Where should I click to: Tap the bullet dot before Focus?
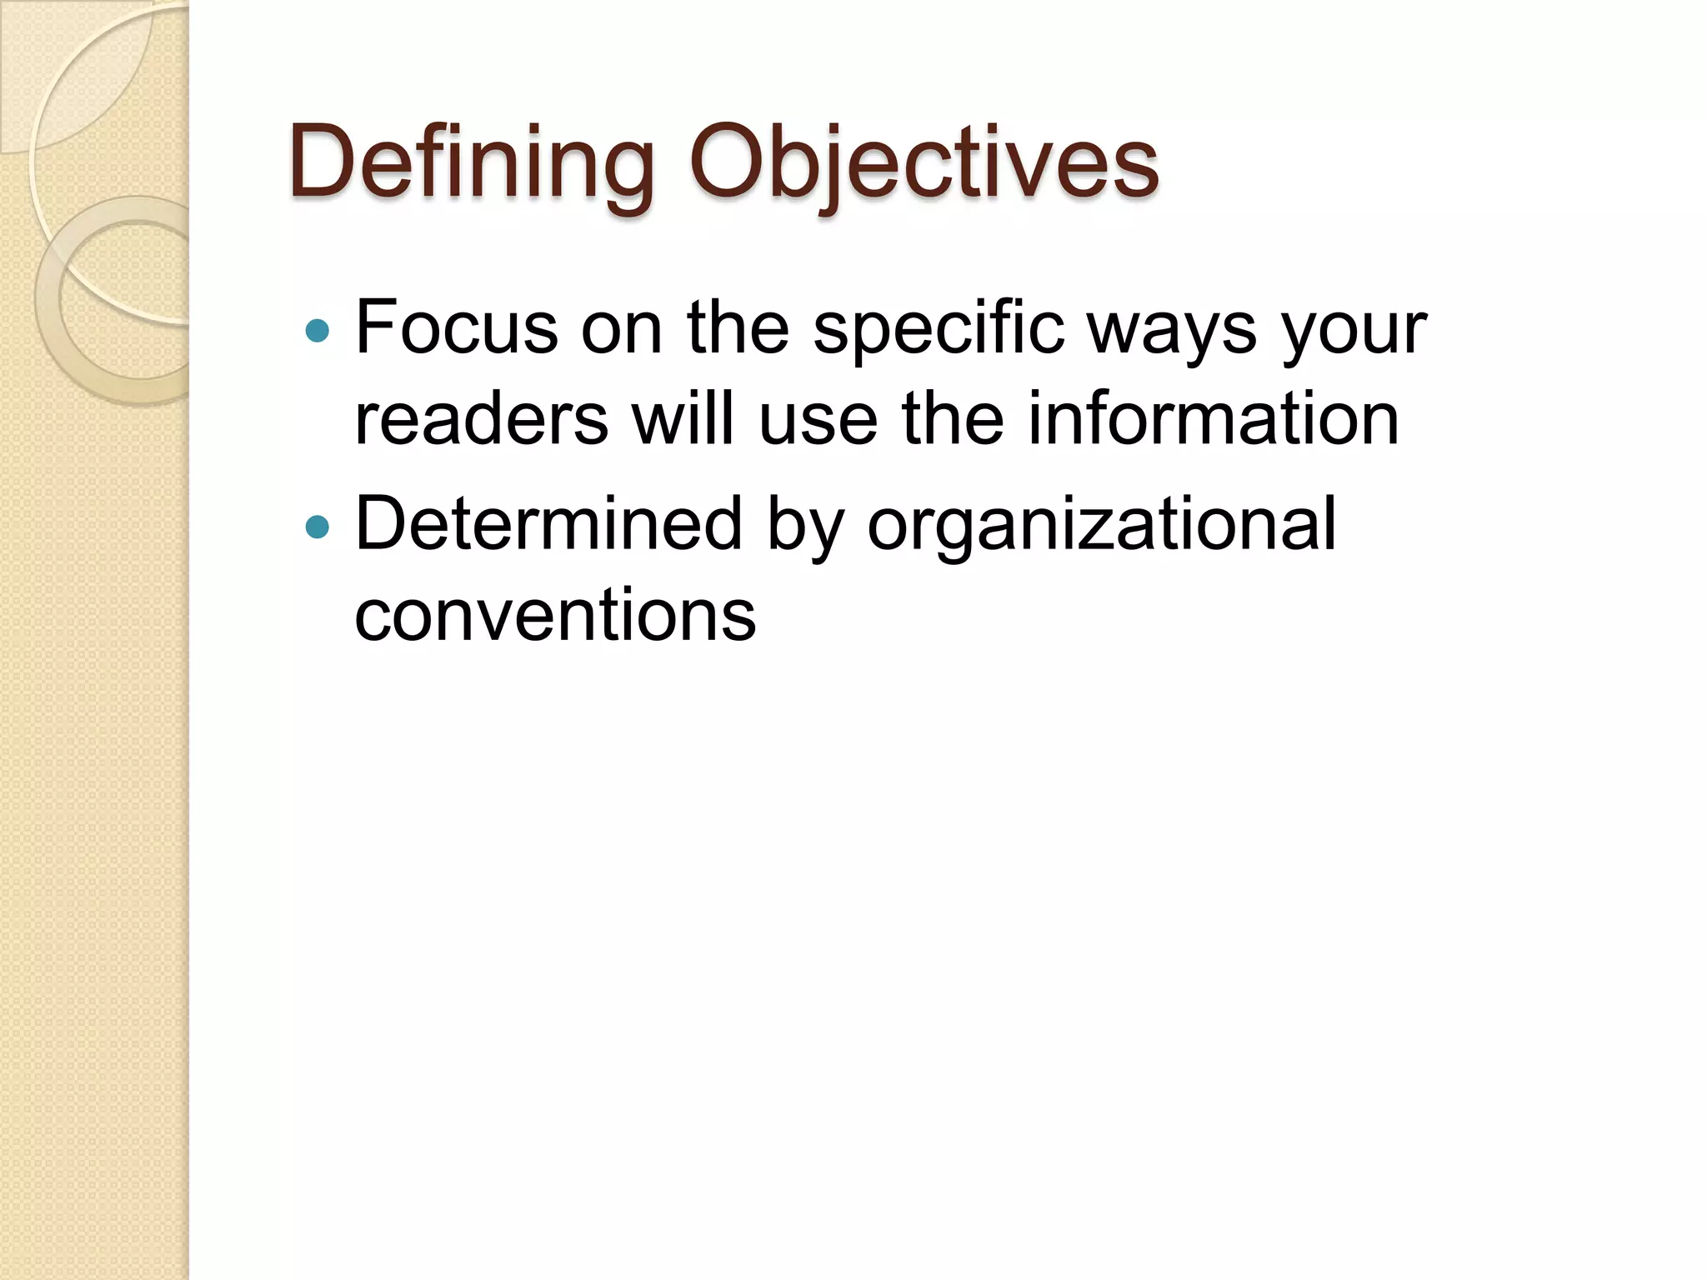(318, 332)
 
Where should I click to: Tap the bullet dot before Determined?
(318, 527)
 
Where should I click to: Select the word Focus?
(456, 327)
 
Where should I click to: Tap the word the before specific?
(738, 327)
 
